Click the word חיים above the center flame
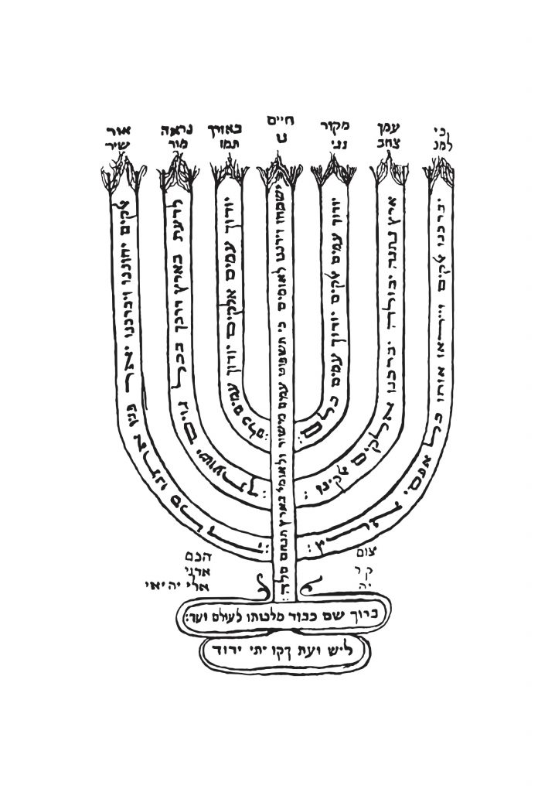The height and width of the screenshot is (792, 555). pos(276,122)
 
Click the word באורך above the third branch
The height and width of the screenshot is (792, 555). pos(225,124)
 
